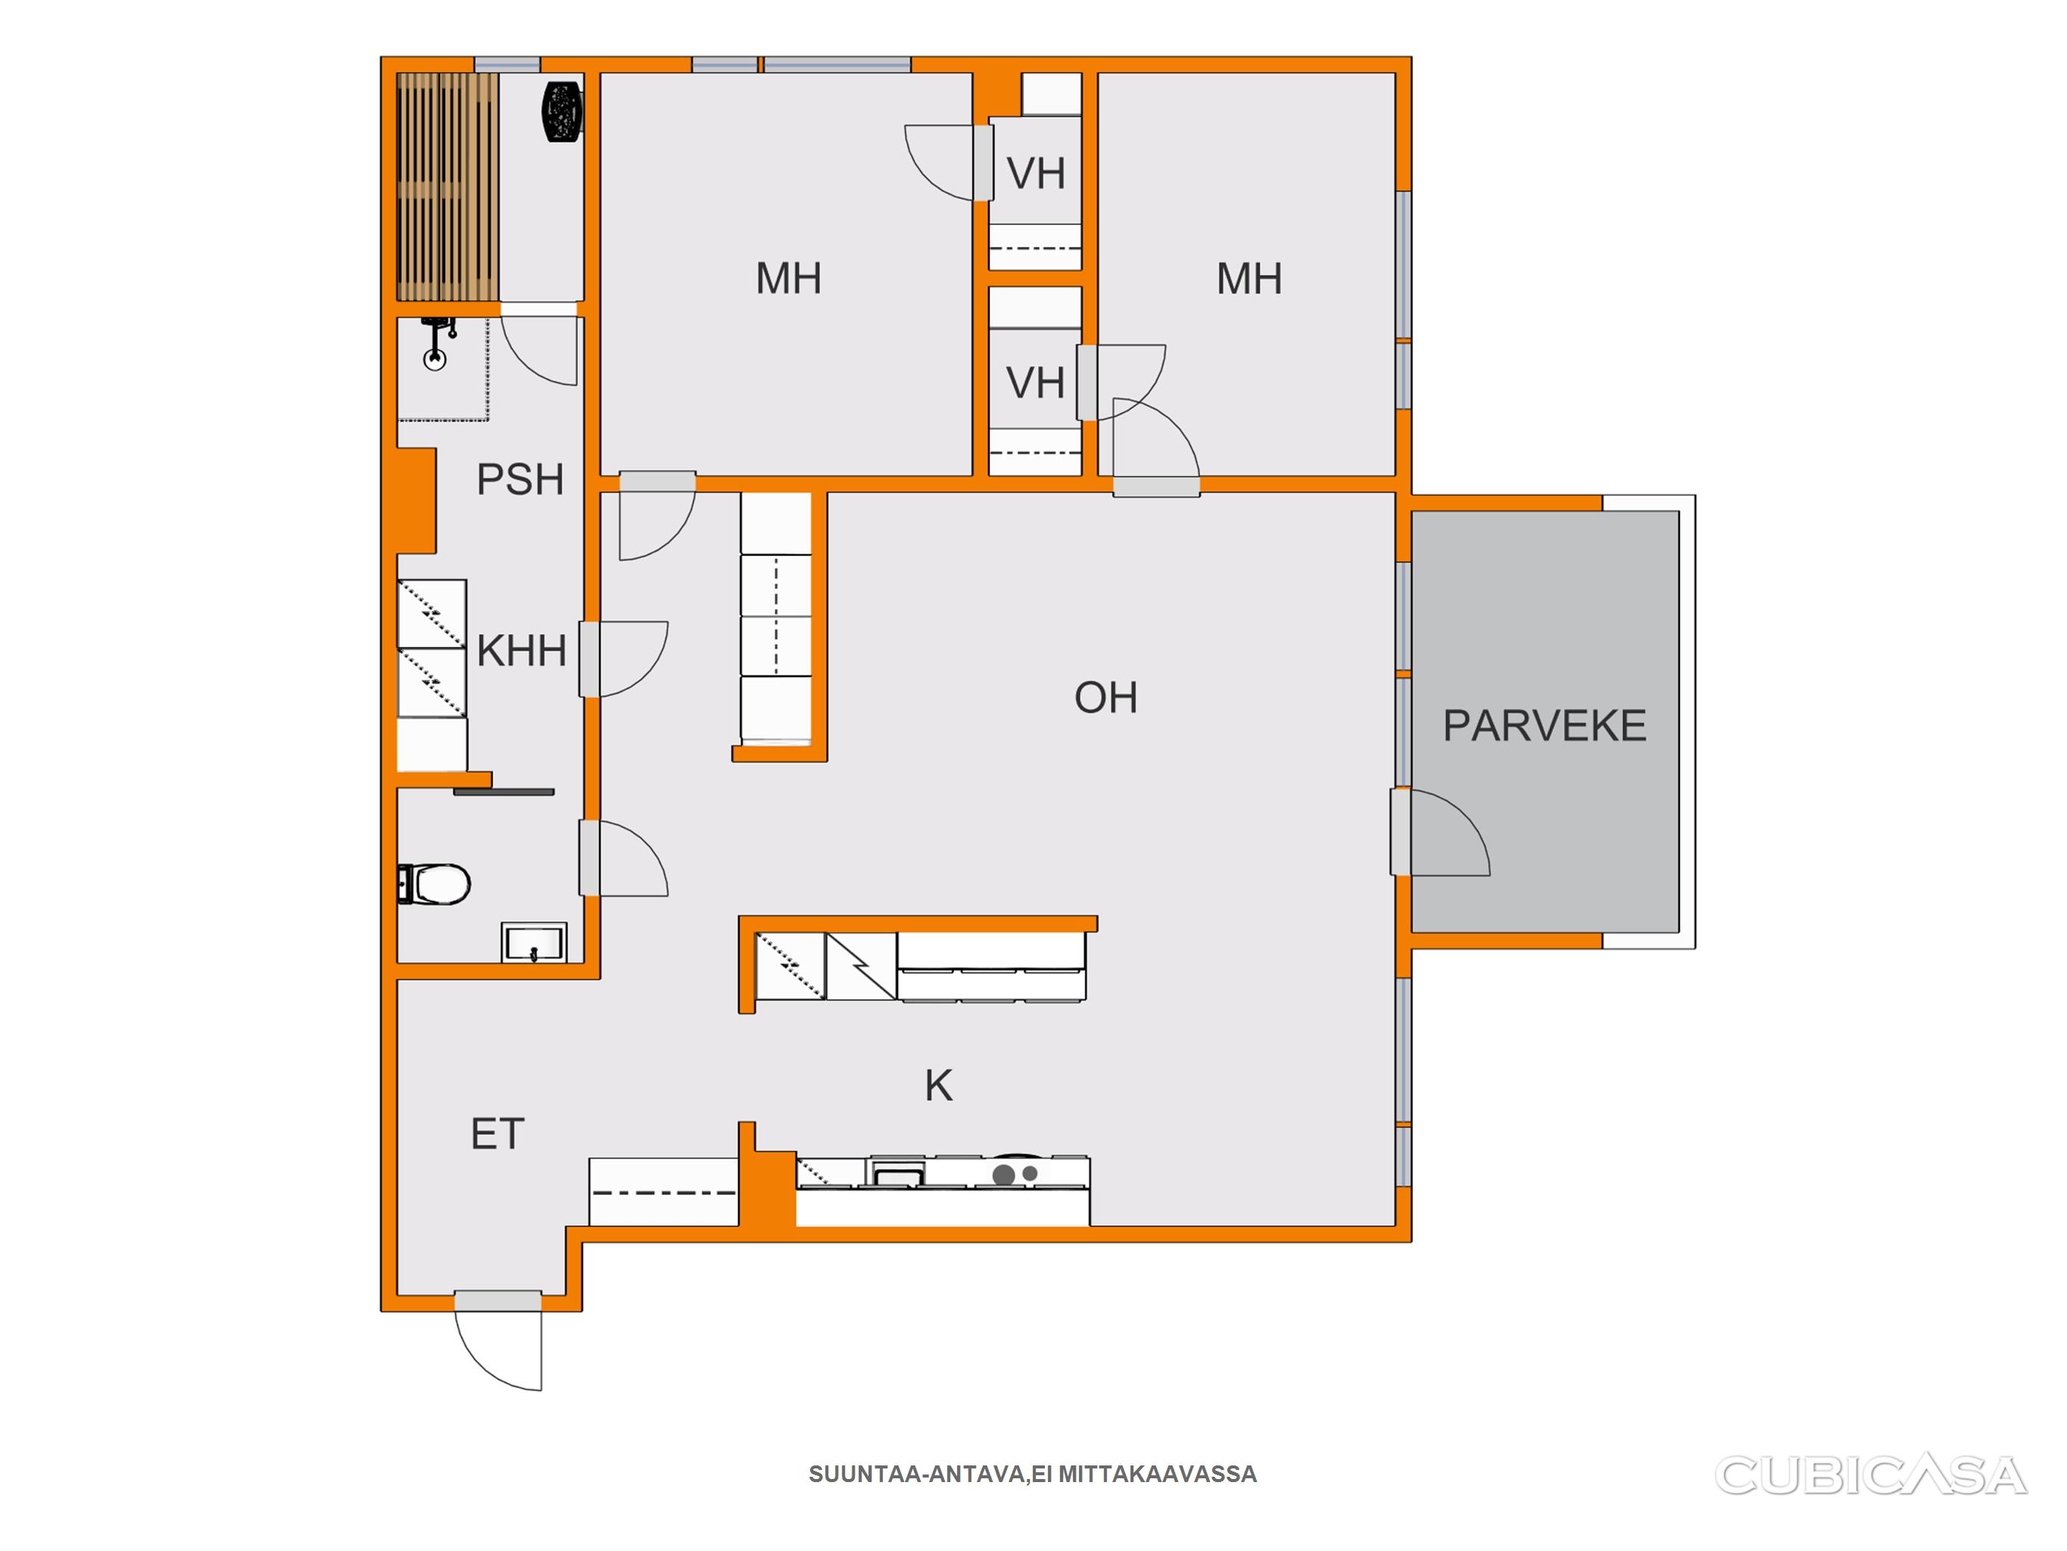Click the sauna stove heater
pos(562,111)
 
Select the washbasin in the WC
pos(534,942)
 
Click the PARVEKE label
pos(1544,726)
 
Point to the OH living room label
pos(1105,697)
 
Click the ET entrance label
pos(497,1134)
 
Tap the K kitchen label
pos(938,1085)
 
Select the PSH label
pos(519,479)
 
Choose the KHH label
pos(522,651)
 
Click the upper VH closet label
pos(1035,174)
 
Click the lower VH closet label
pos(1035,383)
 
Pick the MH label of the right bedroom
pos(1249,279)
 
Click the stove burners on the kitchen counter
pos(1015,1173)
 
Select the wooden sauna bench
pos(447,187)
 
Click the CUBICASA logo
pos(1871,1475)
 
